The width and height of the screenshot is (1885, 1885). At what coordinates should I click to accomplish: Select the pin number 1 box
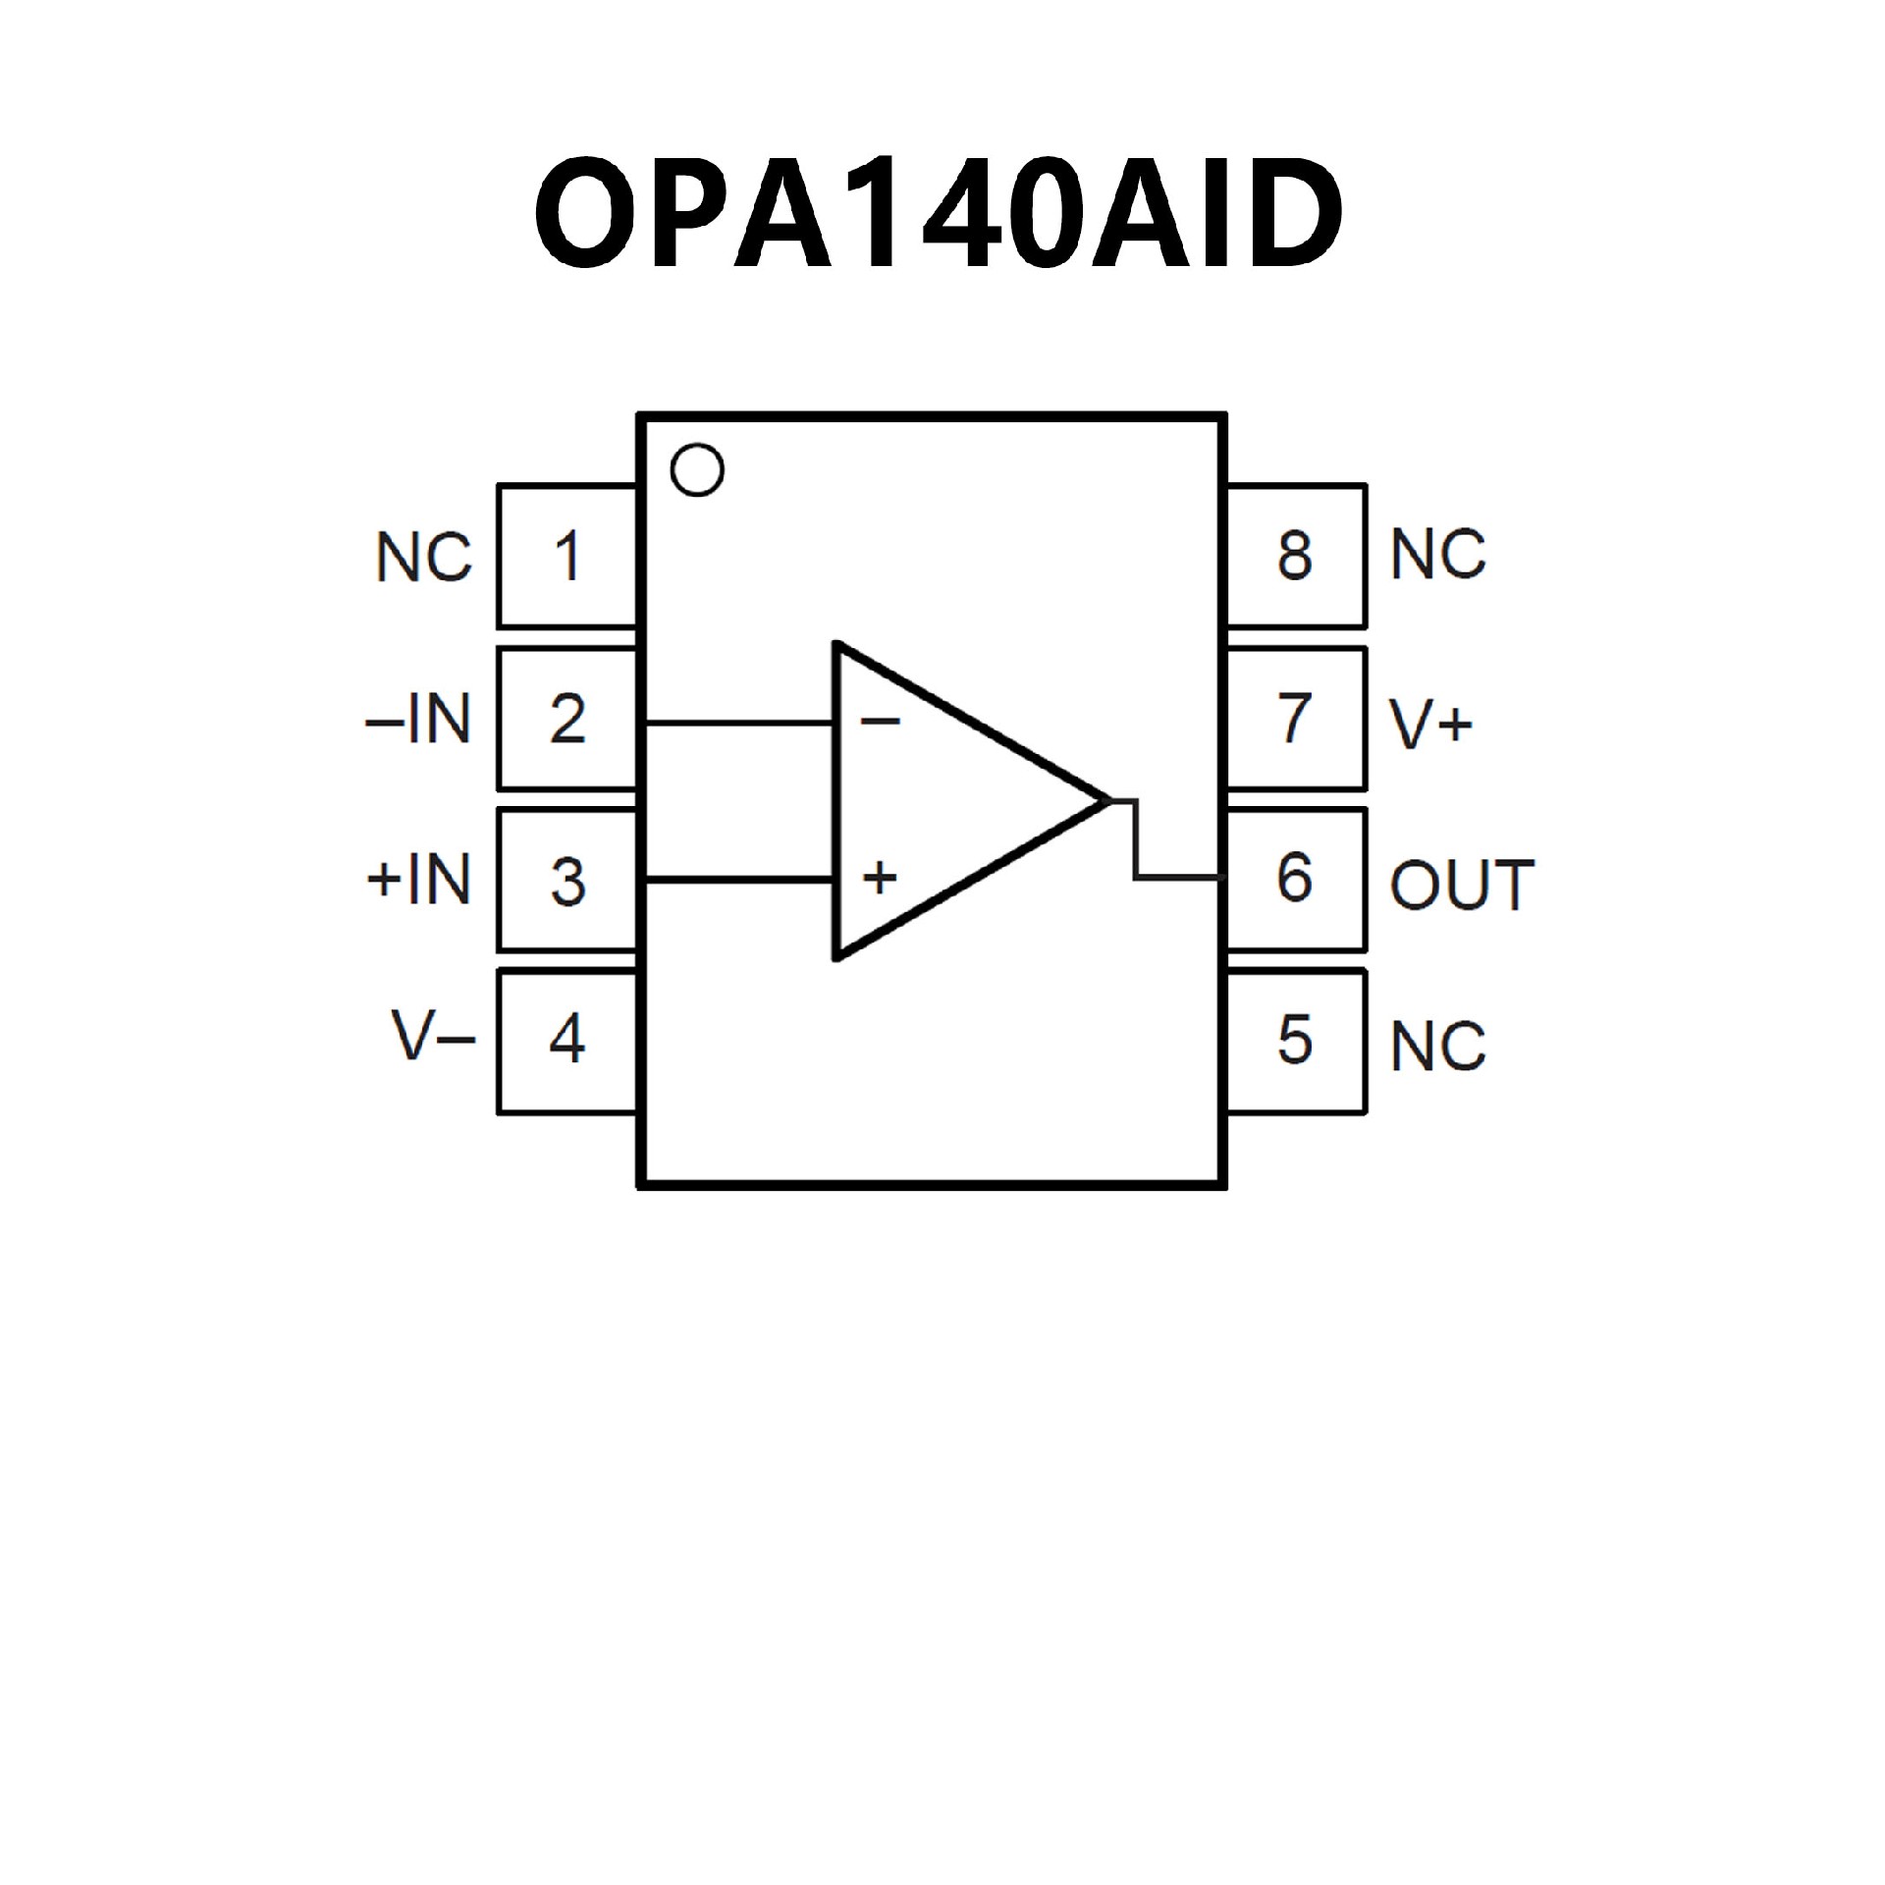click(x=567, y=556)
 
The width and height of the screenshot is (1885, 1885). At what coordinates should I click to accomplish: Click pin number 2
click(x=567, y=719)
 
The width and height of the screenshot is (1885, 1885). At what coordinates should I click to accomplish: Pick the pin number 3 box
click(x=567, y=881)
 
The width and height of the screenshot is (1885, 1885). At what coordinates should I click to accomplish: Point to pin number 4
click(x=567, y=1040)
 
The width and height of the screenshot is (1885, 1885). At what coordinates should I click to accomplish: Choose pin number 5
click(x=1295, y=1040)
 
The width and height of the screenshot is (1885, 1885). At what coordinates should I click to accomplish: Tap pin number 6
click(x=1295, y=879)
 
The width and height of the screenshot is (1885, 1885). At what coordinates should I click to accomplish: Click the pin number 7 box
click(x=1295, y=719)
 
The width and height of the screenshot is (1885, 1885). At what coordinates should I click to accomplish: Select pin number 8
click(x=1295, y=556)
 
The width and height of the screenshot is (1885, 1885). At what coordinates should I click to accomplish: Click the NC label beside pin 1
click(x=424, y=558)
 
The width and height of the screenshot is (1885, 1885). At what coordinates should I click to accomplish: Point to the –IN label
click(x=418, y=720)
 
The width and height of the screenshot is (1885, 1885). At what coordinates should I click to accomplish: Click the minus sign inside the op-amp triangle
click(x=880, y=723)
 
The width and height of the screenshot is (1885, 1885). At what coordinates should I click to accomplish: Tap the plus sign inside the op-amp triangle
click(x=880, y=877)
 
